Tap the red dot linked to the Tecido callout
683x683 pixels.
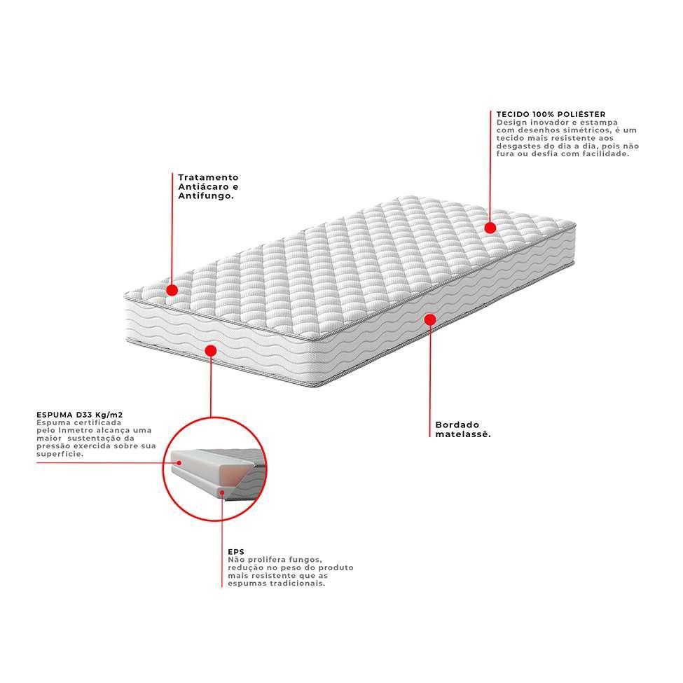pos(490,228)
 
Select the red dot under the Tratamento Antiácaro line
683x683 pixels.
pos(172,289)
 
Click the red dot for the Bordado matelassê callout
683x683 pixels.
pos(430,319)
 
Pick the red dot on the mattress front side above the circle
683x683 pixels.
pos(210,350)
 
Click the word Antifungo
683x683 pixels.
pos(204,197)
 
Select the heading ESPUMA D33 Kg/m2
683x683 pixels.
pos(84,415)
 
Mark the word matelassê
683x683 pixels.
pos(462,434)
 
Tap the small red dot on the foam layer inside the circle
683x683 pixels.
pos(178,462)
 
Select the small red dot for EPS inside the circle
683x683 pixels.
pos(222,492)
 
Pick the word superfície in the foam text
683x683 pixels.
pos(60,453)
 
